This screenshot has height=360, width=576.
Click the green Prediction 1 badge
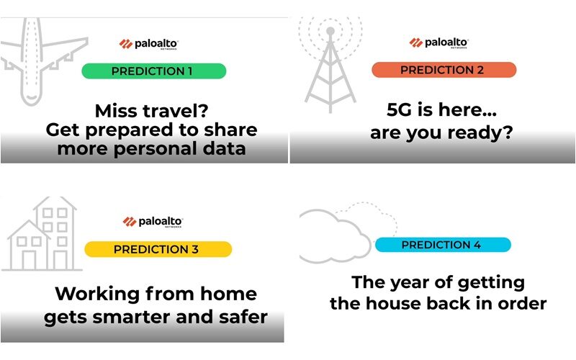tap(153, 71)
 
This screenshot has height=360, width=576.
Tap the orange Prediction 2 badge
tap(444, 70)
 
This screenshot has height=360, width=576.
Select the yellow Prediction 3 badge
tap(158, 249)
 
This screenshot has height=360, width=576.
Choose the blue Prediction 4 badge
tap(443, 245)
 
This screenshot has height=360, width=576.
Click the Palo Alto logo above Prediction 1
tap(148, 44)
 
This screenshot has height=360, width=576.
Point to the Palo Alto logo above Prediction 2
tap(438, 43)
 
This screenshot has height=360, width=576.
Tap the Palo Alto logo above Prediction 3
tap(153, 222)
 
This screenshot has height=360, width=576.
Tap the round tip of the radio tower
tap(330, 31)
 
